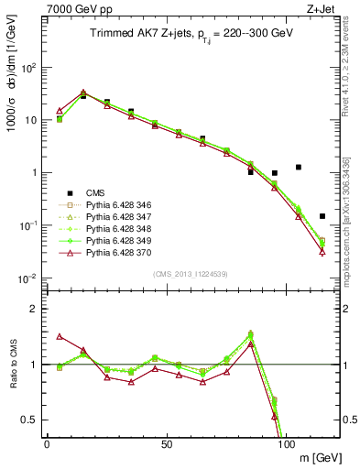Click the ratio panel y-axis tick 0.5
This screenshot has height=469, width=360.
pyautogui.click(x=30, y=420)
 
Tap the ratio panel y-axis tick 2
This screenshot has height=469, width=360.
pyautogui.click(x=34, y=309)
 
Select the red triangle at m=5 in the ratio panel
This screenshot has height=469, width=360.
pyautogui.click(x=60, y=336)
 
